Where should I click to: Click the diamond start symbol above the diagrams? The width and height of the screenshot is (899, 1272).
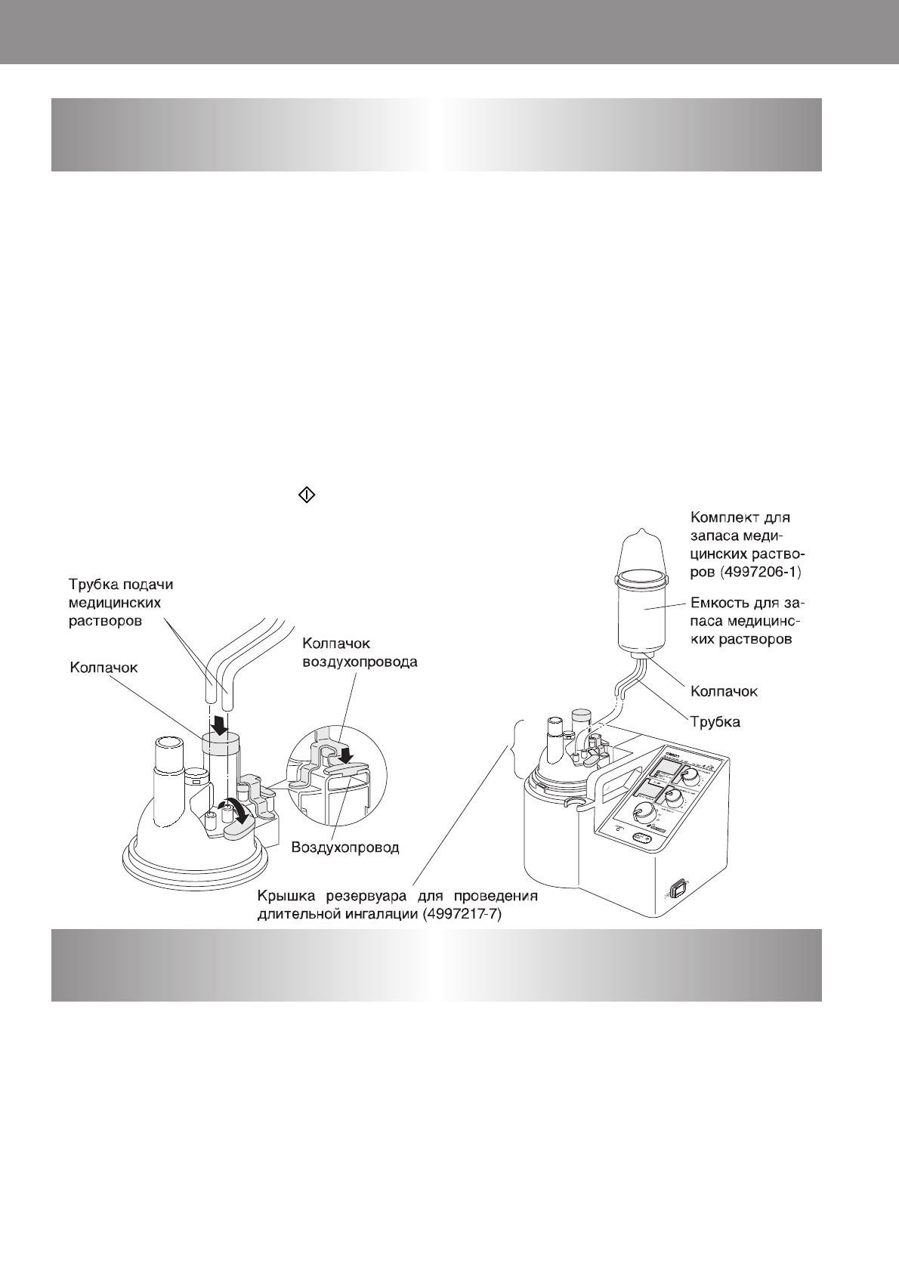pyautogui.click(x=307, y=496)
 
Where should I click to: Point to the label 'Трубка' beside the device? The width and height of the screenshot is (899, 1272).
pyautogui.click(x=715, y=722)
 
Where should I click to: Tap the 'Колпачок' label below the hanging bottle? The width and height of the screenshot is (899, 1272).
pyautogui.click(x=724, y=691)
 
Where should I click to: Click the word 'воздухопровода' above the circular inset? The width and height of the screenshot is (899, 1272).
pyautogui.click(x=359, y=662)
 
